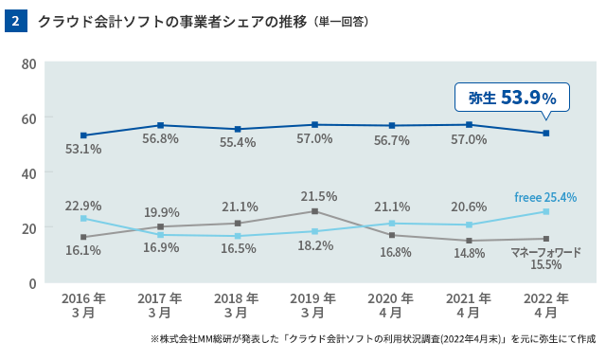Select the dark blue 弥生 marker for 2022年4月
click(x=545, y=134)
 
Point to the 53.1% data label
click(x=83, y=149)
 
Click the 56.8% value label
click(x=160, y=138)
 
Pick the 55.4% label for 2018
click(x=238, y=142)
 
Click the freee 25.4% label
click(x=545, y=197)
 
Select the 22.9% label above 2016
click(x=83, y=205)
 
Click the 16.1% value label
click(x=83, y=250)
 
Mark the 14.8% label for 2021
click(x=468, y=253)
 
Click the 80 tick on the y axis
click(x=27, y=63)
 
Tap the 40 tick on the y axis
click(x=27, y=173)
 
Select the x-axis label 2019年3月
click(x=315, y=304)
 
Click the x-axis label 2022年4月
click(x=545, y=304)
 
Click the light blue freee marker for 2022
click(x=545, y=211)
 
